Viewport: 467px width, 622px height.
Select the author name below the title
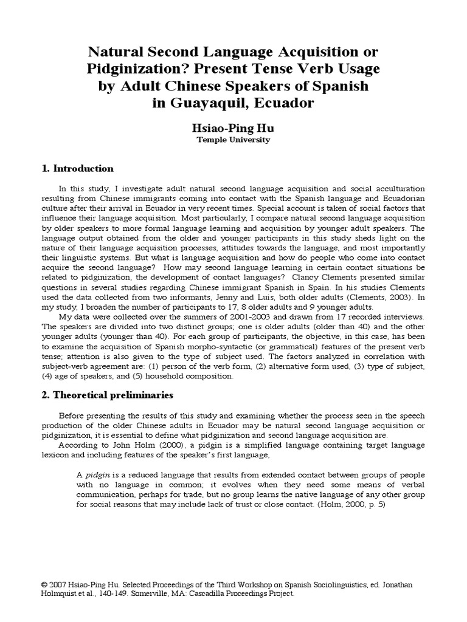[233, 128]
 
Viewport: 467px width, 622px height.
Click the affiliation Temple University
[233, 140]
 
